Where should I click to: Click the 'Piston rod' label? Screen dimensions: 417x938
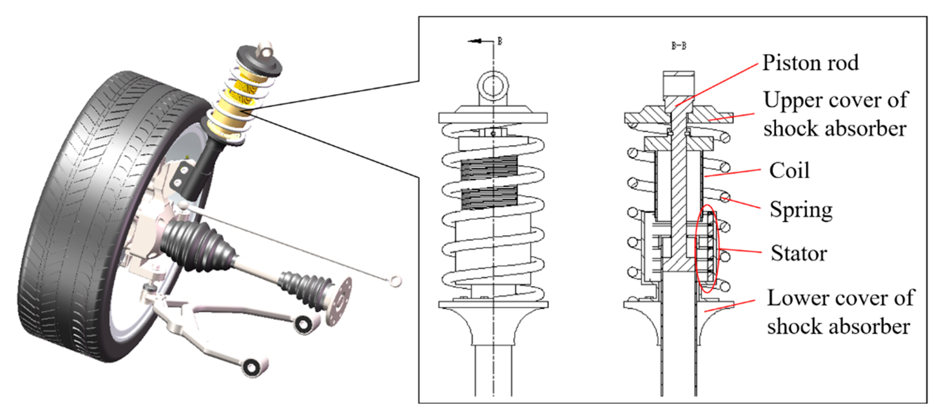pyautogui.click(x=811, y=63)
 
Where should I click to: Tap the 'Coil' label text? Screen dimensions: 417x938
pyautogui.click(x=789, y=171)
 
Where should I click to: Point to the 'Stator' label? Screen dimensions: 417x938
pyautogui.click(x=798, y=253)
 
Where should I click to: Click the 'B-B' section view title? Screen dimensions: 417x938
pyautogui.click(x=679, y=46)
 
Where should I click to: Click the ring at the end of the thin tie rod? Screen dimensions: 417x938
pyautogui.click(x=396, y=280)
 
